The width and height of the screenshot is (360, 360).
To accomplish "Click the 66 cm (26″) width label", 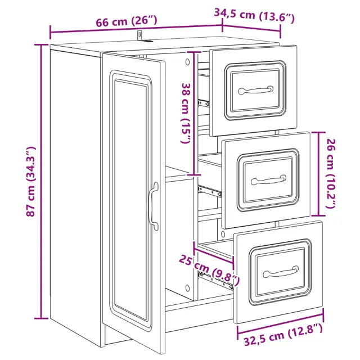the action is [126, 21].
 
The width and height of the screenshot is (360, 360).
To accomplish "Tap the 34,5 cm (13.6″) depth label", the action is [254, 15].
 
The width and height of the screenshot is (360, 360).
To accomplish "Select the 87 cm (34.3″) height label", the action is [30, 181].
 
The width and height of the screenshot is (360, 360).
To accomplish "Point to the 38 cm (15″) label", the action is [186, 113].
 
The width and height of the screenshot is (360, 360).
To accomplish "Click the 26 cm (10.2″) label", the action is [331, 173].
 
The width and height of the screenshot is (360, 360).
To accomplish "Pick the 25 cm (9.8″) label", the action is [209, 270].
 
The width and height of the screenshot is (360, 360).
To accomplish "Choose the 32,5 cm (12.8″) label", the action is [283, 334].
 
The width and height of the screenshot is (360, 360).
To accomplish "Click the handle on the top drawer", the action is [256, 90].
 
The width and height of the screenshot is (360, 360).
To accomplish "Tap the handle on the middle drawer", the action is [269, 180].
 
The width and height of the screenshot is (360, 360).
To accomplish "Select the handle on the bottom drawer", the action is [281, 272].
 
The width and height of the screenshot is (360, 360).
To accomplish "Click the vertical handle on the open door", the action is [154, 206].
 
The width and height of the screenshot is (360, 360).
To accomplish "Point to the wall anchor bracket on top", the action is [143, 37].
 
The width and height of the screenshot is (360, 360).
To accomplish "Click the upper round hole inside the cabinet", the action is [187, 61].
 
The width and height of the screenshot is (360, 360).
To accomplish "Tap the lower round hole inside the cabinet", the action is [187, 288].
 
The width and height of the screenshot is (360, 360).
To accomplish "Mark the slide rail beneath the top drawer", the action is [204, 103].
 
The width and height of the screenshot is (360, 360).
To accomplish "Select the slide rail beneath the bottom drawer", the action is [215, 281].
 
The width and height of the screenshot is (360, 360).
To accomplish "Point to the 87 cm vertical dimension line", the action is [41, 181].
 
